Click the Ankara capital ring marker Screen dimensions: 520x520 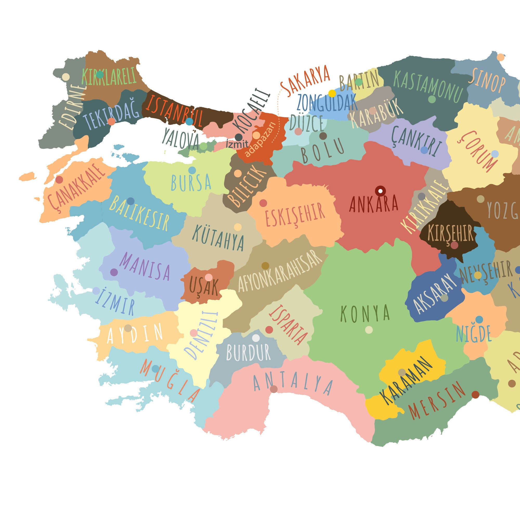[x=380, y=191]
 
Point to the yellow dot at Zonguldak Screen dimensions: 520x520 [x=332, y=93]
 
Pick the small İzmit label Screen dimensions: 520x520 [x=237, y=144]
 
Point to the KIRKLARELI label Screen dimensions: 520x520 [x=109, y=76]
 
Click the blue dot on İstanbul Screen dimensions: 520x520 [x=189, y=121]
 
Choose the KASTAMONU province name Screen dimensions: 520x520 [x=428, y=86]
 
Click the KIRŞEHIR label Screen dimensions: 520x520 [x=450, y=233]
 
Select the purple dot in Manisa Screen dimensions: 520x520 [x=114, y=272]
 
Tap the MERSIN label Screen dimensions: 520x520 [x=437, y=400]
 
